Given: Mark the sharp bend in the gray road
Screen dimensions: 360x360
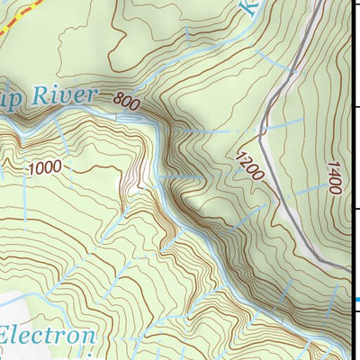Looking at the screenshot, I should click(261, 139).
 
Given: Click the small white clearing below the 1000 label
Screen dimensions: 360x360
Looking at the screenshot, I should click(134, 190).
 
